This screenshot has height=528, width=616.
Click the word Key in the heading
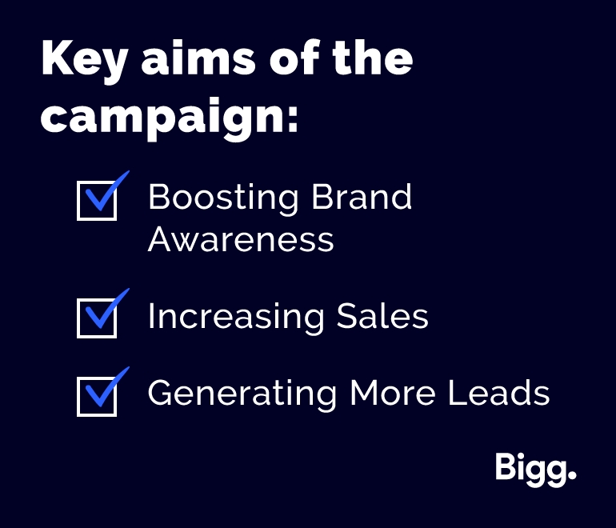[x=84, y=62]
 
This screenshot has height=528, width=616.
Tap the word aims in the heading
[x=198, y=58]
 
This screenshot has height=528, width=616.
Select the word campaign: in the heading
[x=170, y=117]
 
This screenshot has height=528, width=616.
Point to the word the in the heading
[x=373, y=58]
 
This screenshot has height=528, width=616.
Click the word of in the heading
[x=294, y=58]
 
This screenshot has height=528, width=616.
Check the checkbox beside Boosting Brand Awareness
[x=97, y=200]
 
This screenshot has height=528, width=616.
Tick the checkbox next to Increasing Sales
[x=97, y=318]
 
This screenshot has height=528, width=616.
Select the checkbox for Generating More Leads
[x=97, y=396]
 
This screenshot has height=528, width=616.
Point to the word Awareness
[x=241, y=239]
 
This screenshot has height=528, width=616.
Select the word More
[x=393, y=392]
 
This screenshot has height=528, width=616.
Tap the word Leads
[x=499, y=392]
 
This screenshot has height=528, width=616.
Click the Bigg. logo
[x=536, y=470]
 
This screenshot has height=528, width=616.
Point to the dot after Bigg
[x=572, y=475]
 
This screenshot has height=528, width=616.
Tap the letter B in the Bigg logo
[x=504, y=466]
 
